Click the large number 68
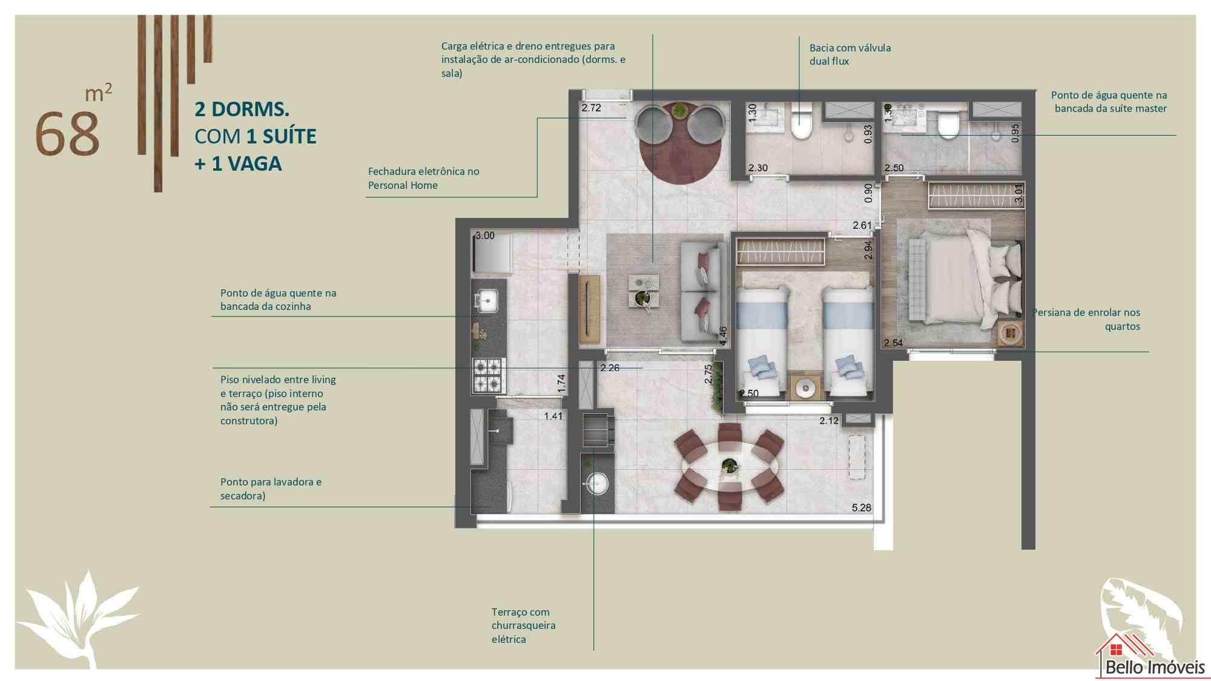[x=67, y=134]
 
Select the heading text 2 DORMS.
[x=242, y=110]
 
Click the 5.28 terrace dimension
[x=861, y=508]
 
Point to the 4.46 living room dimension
[x=722, y=336]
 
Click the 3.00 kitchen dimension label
[x=485, y=235]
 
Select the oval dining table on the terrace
[x=730, y=467]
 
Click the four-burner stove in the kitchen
[x=489, y=375]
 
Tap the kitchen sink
[x=486, y=300]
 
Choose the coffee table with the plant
[x=643, y=291]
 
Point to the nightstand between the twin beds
[x=805, y=387]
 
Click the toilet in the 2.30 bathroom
[x=802, y=120]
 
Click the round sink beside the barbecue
[x=596, y=483]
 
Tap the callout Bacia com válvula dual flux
[x=850, y=54]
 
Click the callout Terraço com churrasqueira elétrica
[x=523, y=626]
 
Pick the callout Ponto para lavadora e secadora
[x=271, y=489]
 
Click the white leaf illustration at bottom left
[x=78, y=619]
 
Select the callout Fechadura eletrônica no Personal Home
[x=423, y=179]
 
